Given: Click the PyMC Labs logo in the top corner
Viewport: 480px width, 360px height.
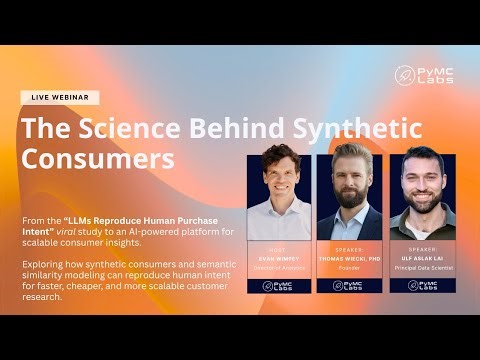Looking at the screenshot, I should pos(423,74).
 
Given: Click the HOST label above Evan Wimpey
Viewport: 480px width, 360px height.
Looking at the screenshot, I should pos(280,246).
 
